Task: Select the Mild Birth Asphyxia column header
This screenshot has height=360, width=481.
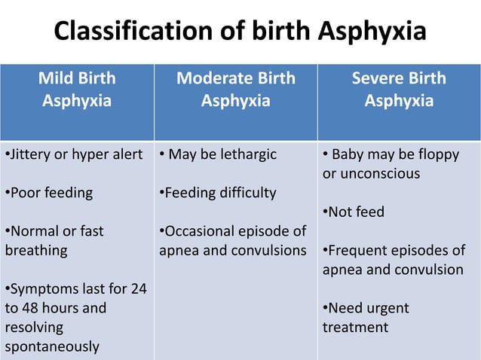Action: (x=77, y=89)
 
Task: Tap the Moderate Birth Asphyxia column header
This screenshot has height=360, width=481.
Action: (x=235, y=89)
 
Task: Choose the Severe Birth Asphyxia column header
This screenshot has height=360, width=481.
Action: (x=399, y=89)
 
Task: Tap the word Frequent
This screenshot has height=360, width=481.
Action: (x=360, y=250)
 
